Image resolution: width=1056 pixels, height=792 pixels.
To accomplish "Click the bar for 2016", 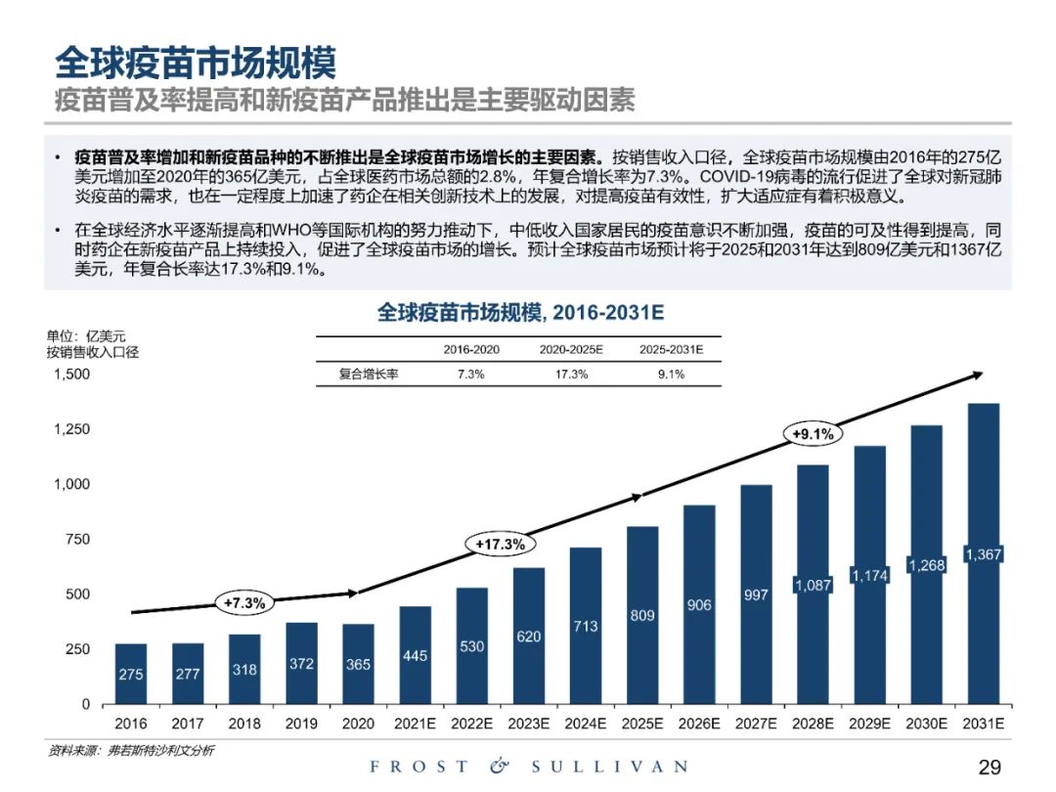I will [x=131, y=674].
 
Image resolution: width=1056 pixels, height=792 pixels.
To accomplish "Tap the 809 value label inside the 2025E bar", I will [x=641, y=616].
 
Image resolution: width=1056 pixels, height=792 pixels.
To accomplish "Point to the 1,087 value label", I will [x=812, y=586].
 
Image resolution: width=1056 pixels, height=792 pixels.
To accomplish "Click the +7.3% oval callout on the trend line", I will [x=244, y=603].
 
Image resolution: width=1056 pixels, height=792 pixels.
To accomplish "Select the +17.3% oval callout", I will [x=501, y=545].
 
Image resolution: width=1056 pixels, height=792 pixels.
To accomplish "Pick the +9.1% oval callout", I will [x=812, y=433].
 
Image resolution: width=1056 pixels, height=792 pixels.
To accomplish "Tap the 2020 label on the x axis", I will [x=358, y=725].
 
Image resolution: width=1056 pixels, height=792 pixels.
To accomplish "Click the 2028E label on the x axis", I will [x=812, y=725].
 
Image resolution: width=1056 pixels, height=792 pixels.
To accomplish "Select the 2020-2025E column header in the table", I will [x=571, y=349].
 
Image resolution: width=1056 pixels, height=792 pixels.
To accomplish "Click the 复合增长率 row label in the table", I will [x=363, y=374].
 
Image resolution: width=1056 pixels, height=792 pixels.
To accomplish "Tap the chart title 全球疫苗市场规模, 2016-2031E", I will [x=520, y=313].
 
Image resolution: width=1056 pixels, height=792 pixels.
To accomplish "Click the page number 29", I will [x=990, y=767].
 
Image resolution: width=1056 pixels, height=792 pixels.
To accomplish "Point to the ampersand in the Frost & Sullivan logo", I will [x=500, y=767].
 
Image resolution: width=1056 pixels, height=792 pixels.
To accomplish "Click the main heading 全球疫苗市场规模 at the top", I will [x=196, y=64].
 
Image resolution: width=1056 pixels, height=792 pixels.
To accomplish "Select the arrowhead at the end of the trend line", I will [x=977, y=375].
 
